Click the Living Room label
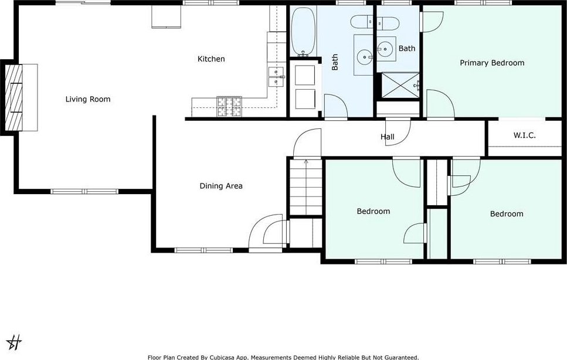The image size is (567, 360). click(x=88, y=99)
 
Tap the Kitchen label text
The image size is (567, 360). click(x=211, y=59)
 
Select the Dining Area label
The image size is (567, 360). click(x=221, y=186)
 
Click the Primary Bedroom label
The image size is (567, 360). click(x=492, y=63)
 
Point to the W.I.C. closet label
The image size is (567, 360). click(x=525, y=135)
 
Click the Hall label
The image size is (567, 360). click(x=387, y=137)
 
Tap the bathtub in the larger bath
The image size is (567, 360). click(x=304, y=32)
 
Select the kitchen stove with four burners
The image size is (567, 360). click(x=229, y=107)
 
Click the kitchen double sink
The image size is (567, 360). click(x=276, y=77)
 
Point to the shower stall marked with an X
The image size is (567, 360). click(x=400, y=85)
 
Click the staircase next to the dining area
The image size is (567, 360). click(x=306, y=188)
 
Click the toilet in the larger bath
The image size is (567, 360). click(x=362, y=22)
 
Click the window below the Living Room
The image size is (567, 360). click(x=84, y=191)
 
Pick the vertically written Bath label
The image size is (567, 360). click(x=335, y=62)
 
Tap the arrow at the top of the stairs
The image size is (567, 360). click(x=306, y=161)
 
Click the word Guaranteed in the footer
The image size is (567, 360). click(x=400, y=358)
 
